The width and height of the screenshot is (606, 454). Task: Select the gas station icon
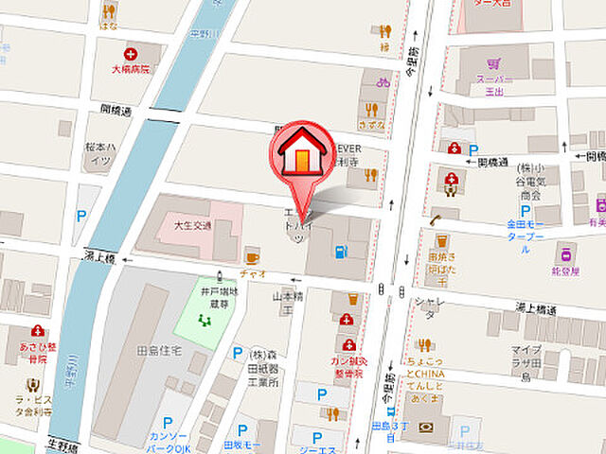pyautogui.click(x=340, y=252)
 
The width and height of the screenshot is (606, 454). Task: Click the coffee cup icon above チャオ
pyautogui.click(x=252, y=256)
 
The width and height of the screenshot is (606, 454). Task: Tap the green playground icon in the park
pyautogui.click(x=202, y=320)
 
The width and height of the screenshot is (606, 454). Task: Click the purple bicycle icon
pyautogui.click(x=383, y=82)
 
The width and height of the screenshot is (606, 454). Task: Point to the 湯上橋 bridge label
pyautogui.click(x=98, y=257)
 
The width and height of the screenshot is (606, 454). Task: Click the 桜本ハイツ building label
pyautogui.click(x=97, y=154)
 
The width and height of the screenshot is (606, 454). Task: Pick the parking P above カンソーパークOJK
pyautogui.click(x=168, y=425)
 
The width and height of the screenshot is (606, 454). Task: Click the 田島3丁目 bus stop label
pyautogui.click(x=390, y=430)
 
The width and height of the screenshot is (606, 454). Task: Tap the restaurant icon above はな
pyautogui.click(x=110, y=12)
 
